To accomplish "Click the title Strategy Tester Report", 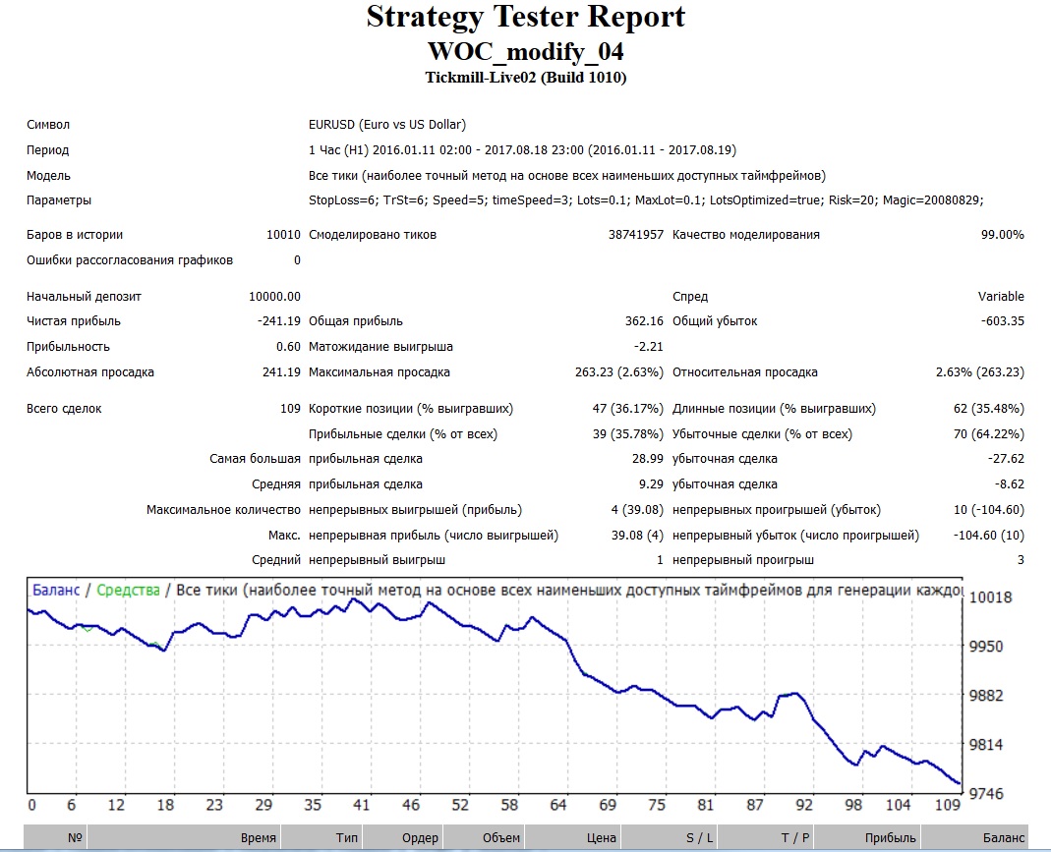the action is coord(525,18).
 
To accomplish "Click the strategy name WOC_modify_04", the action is coord(525,51).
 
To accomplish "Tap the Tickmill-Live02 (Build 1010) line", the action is coord(525,78).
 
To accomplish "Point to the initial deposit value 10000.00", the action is coord(274,296).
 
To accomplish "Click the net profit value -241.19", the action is coord(279,321).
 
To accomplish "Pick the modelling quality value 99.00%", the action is coord(1002,235).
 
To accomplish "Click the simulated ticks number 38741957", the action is coord(635,235).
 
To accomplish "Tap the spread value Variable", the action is coord(1001,296).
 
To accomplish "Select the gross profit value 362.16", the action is coord(644,321).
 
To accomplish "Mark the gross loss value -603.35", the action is coord(1002,321).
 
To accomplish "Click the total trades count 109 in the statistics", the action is coord(290,409).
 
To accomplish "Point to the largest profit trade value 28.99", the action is coord(648,459).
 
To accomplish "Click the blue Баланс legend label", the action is coord(56,590).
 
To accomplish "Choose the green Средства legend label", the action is coord(128,590).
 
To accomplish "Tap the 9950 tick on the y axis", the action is coord(986,647).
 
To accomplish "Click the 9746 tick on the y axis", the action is coord(986,794).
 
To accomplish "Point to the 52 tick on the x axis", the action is coord(460,805).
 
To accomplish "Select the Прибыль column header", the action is coord(890,838).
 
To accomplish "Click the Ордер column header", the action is coord(420,838).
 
